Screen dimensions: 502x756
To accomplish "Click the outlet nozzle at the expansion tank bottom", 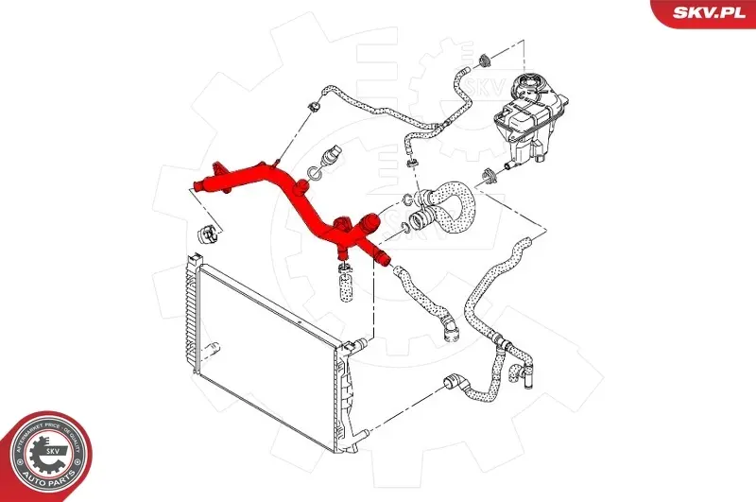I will [510, 166].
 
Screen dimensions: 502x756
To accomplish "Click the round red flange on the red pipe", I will [368, 226].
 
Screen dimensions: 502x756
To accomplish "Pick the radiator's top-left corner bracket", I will [192, 261].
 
